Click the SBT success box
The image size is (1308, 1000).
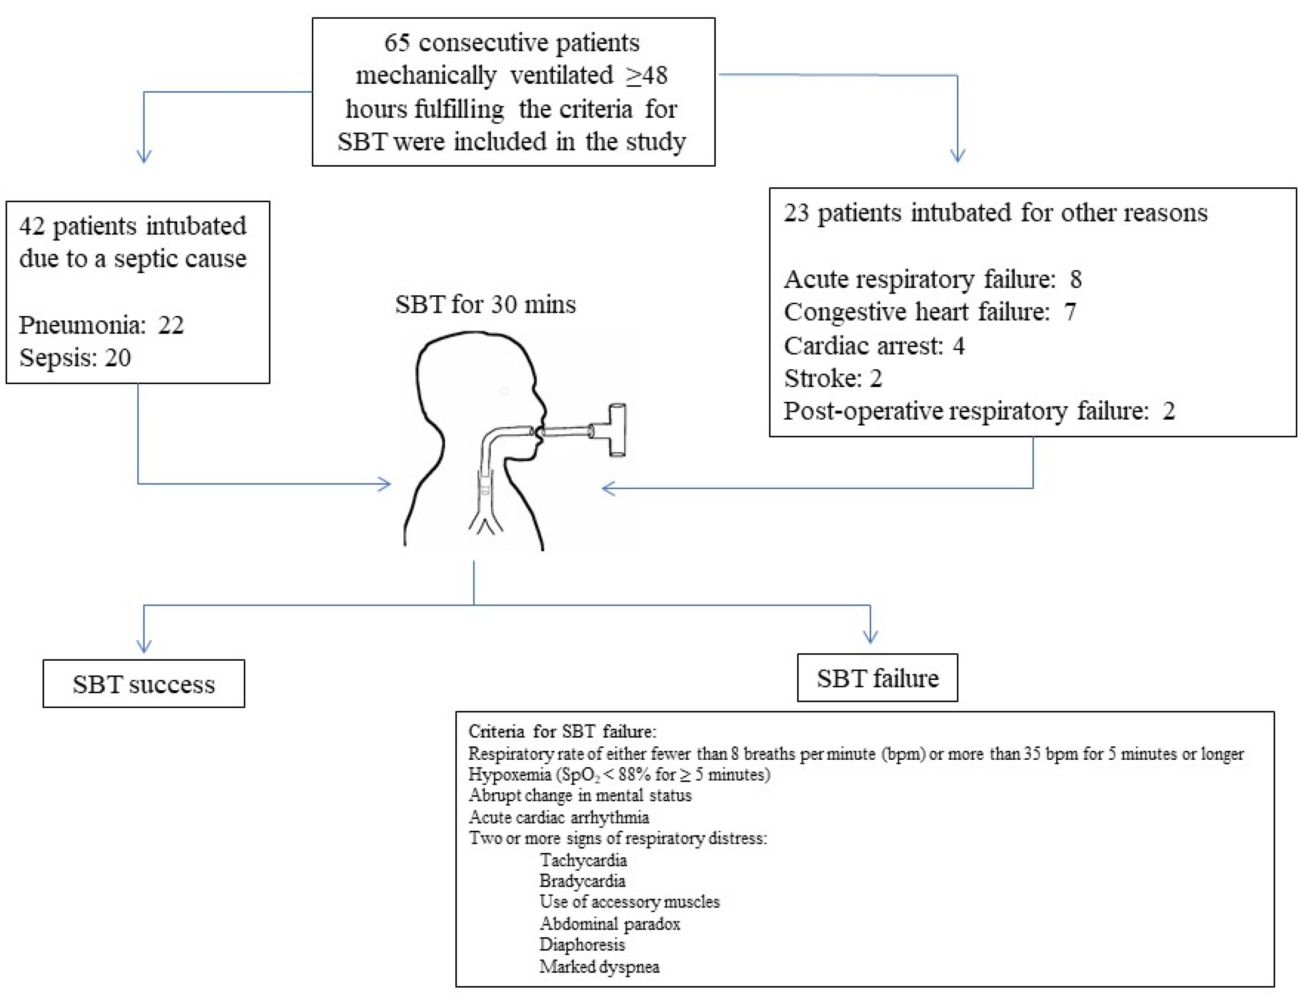(x=143, y=684)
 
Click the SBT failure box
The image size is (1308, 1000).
(x=877, y=678)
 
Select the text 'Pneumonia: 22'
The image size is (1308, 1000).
(x=101, y=325)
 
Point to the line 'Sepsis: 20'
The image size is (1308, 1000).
(x=75, y=358)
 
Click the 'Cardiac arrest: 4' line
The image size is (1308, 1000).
(x=874, y=346)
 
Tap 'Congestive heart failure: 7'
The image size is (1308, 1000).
(x=930, y=312)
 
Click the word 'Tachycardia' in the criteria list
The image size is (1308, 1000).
(x=583, y=860)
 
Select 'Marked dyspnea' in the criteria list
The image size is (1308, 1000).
(x=599, y=966)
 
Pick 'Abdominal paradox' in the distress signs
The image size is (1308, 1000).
(x=609, y=924)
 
